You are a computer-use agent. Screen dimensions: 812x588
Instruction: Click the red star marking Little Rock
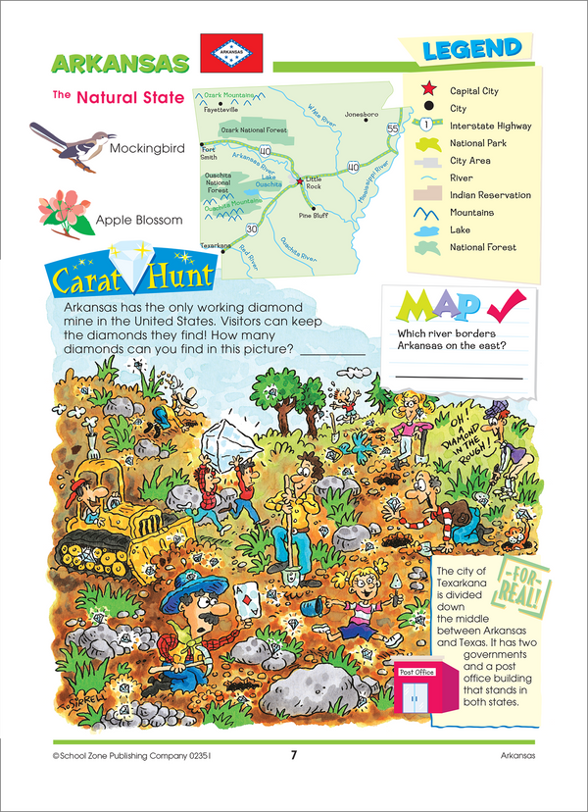coord(299,181)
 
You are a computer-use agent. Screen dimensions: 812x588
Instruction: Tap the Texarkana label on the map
coord(213,245)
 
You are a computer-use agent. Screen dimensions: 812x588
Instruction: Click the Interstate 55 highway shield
coord(392,128)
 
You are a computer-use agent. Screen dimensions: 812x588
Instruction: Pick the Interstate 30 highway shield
coord(251,229)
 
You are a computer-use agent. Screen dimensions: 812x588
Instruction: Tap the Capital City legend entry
coord(474,90)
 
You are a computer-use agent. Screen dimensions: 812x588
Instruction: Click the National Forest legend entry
coord(482,248)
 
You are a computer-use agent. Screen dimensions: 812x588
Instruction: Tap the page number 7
coord(293,754)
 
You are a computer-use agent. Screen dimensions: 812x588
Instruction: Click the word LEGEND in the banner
coord(472,48)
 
